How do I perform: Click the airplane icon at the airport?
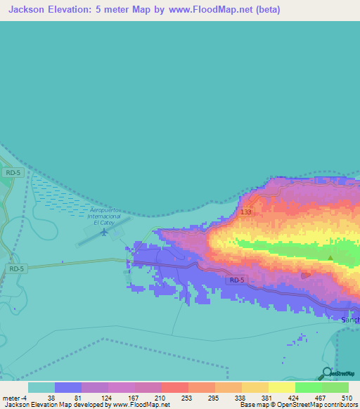(x=105, y=232)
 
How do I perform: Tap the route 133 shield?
(x=245, y=212)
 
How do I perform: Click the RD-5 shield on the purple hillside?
(x=237, y=280)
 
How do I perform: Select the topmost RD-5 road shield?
(x=11, y=172)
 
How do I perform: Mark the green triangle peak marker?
(x=330, y=258)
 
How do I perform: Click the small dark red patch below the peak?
(x=304, y=275)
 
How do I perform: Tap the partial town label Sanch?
(x=349, y=320)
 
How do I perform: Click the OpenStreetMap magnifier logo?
(x=326, y=373)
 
